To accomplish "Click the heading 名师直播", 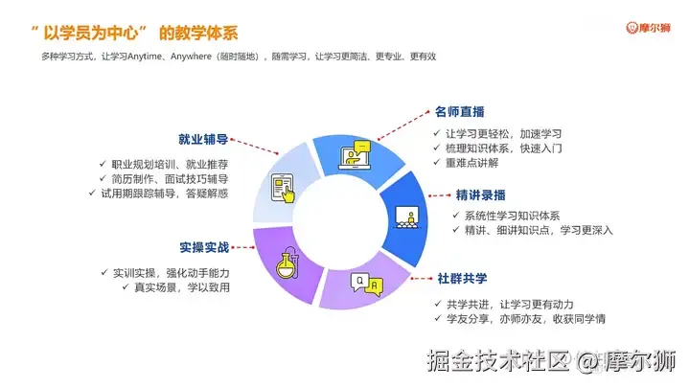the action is (464, 111).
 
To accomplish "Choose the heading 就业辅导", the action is (203, 139).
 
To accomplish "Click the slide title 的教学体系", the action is (199, 33).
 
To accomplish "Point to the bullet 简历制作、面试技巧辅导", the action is (169, 178).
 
